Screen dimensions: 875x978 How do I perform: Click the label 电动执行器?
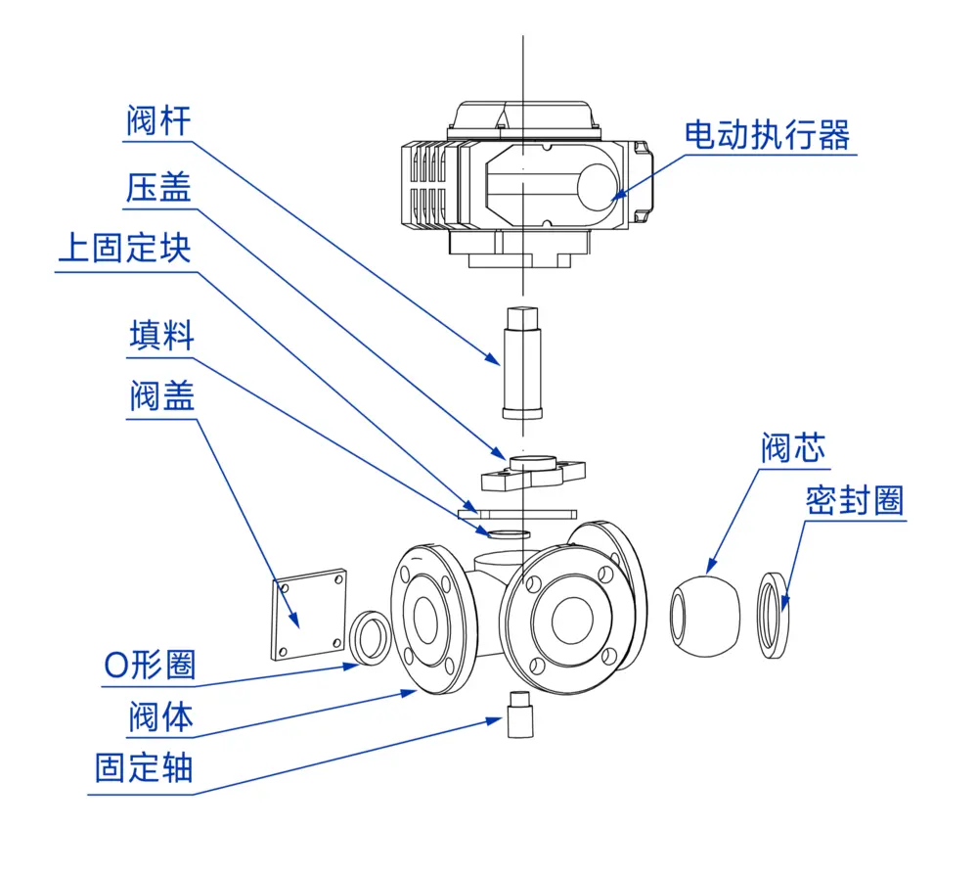pyautogui.click(x=767, y=134)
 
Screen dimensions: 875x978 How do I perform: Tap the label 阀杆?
pyautogui.click(x=158, y=121)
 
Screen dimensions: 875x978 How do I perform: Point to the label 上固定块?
pyautogui.click(x=124, y=250)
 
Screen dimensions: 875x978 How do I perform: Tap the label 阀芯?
pyautogui.click(x=793, y=448)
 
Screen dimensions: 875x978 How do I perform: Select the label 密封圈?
pyautogui.click(x=855, y=501)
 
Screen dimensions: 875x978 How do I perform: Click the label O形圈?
pyautogui.click(x=150, y=666)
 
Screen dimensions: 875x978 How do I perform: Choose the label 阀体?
pyautogui.click(x=160, y=718)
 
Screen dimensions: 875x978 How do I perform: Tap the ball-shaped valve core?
pyautogui.click(x=706, y=616)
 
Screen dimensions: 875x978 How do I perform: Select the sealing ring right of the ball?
pyautogui.click(x=775, y=616)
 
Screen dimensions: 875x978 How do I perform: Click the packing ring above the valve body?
pyautogui.click(x=509, y=534)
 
